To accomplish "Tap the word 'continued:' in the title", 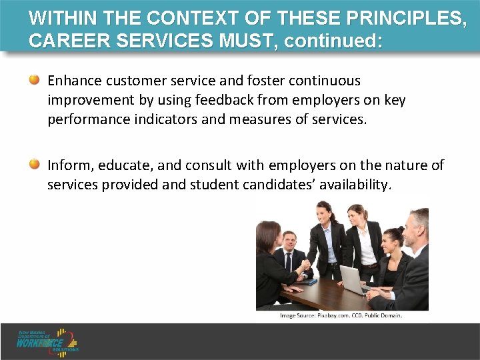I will [334, 41].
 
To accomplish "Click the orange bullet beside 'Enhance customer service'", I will [34, 81].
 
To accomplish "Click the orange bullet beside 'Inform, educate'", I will [34, 165].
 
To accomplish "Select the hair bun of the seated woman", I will [401, 230].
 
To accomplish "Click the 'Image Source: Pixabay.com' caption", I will [341, 315].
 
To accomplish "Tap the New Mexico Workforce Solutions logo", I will [48, 341].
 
